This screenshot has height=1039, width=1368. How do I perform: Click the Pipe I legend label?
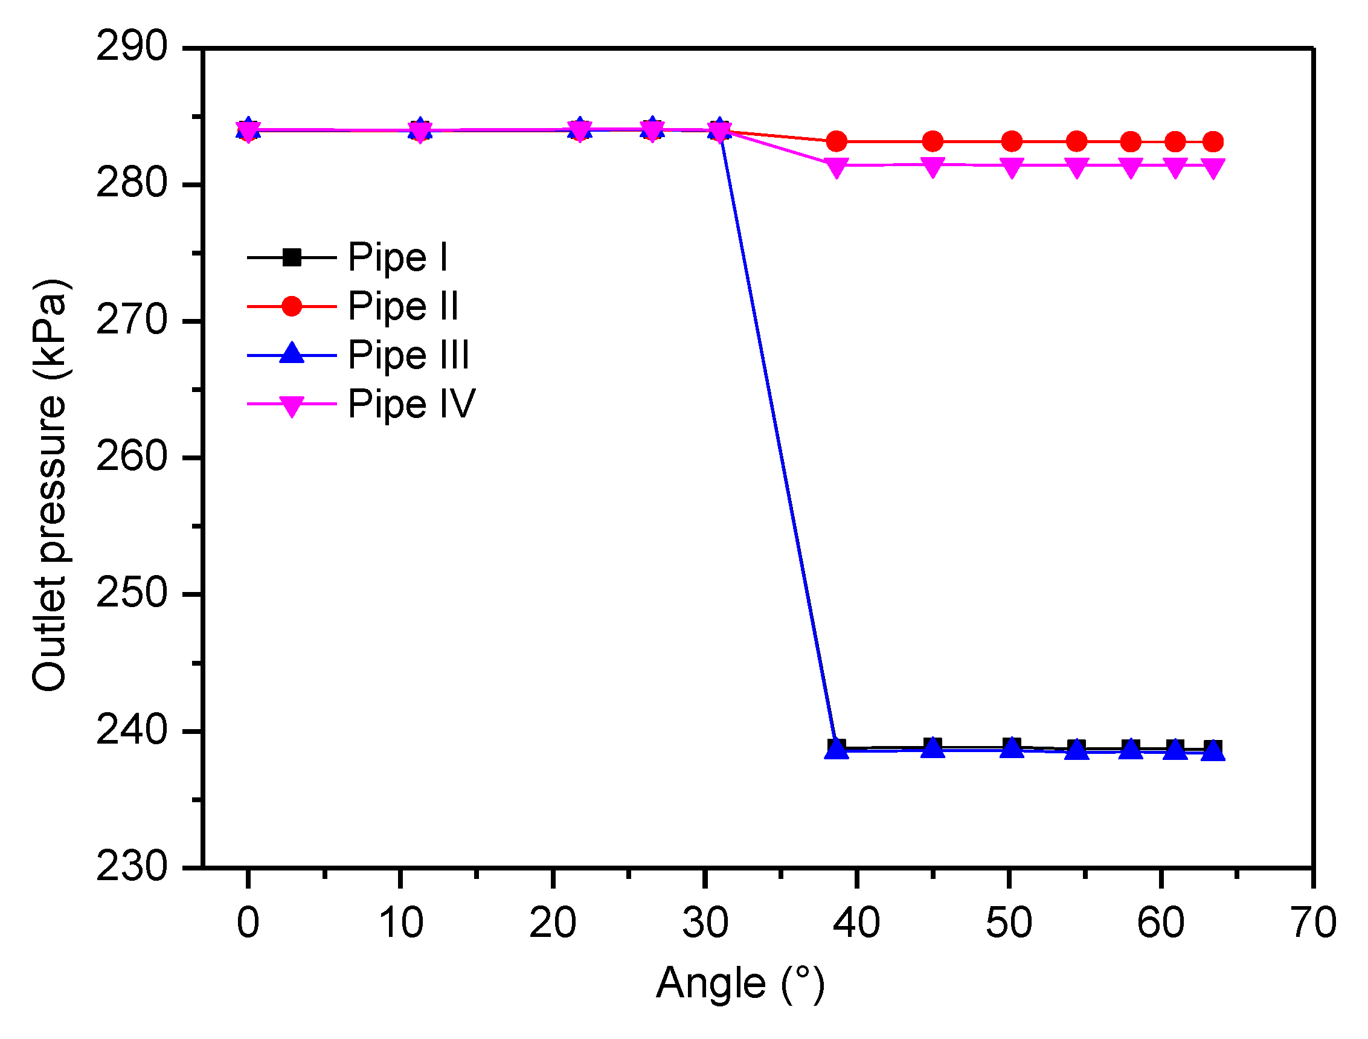pyautogui.click(x=397, y=257)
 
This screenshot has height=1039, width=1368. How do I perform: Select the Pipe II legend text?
pyautogui.click(x=403, y=306)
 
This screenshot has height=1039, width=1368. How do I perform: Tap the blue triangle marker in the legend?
pyautogui.click(x=292, y=354)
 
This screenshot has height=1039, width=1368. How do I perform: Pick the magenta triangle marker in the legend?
pyautogui.click(x=292, y=406)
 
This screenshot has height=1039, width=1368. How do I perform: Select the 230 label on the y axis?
pyautogui.click(x=131, y=866)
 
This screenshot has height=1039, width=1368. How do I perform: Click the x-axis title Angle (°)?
pyautogui.click(x=740, y=984)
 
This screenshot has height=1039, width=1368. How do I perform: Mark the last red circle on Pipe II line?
pyautogui.click(x=1213, y=142)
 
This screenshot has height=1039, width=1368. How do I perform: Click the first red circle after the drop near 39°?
pyautogui.click(x=836, y=141)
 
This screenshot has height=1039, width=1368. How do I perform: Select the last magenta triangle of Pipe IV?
pyautogui.click(x=1213, y=167)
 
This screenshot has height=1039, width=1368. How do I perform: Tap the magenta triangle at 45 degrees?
pyautogui.click(x=933, y=166)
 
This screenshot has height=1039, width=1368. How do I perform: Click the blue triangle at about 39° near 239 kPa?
pyautogui.click(x=836, y=749)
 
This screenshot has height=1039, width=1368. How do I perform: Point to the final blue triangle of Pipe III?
pyautogui.click(x=1213, y=751)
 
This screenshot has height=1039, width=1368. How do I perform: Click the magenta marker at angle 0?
pyautogui.click(x=248, y=131)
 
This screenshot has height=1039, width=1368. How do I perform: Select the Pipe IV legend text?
pyautogui.click(x=411, y=405)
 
